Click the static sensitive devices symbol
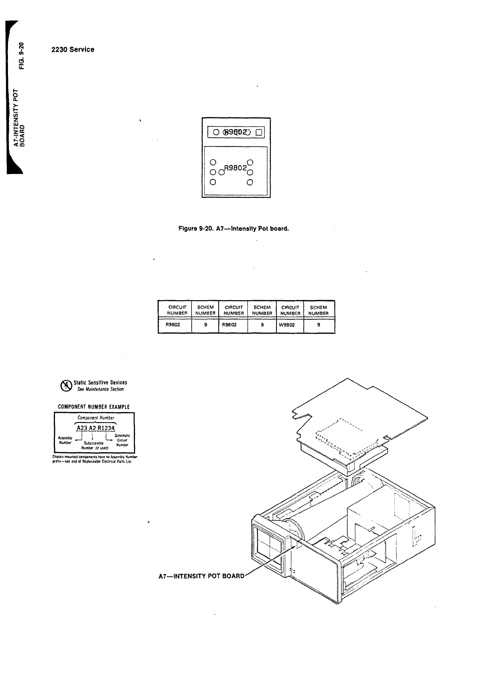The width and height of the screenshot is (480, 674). pos(65,385)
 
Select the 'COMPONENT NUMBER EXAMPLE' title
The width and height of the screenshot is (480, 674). pos(94,406)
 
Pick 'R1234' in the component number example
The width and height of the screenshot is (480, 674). pos(106,428)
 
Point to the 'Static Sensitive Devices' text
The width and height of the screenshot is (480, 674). pos(100,383)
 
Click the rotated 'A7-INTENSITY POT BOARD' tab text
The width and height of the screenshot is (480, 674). pos(20,117)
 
